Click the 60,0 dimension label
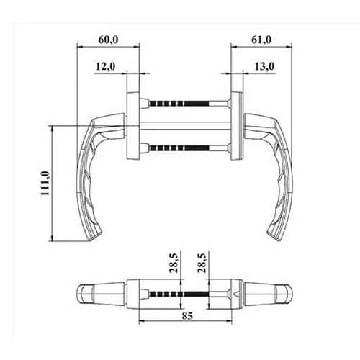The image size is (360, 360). (108, 40)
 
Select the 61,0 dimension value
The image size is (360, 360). (261, 40)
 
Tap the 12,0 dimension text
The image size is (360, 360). (106, 66)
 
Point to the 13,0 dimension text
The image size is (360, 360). (264, 66)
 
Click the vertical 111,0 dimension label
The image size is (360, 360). (45, 183)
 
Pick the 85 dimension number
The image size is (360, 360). (187, 316)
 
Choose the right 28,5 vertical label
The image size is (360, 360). (202, 263)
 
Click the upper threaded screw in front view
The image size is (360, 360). (179, 104)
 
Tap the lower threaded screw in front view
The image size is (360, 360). (179, 148)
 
